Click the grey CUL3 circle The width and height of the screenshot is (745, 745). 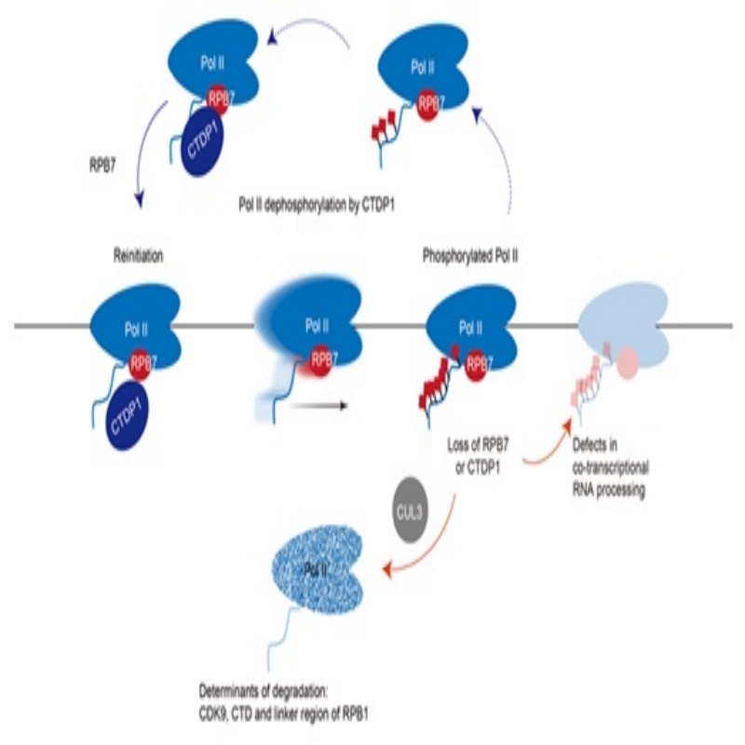409,510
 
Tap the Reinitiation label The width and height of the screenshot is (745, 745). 138,256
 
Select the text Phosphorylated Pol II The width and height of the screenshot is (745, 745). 470,257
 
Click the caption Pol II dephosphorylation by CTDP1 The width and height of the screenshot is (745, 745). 317,205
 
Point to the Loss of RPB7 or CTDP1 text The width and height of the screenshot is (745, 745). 478,456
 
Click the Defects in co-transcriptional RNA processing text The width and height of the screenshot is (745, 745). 610,467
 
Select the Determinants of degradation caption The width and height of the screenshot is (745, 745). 284,703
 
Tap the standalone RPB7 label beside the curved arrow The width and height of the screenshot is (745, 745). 102,167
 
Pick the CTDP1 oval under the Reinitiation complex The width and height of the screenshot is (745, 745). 128,413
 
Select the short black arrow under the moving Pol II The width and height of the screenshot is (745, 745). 318,405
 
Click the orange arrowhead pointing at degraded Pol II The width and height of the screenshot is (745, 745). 388,568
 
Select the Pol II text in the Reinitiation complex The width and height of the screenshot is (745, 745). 136,330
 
